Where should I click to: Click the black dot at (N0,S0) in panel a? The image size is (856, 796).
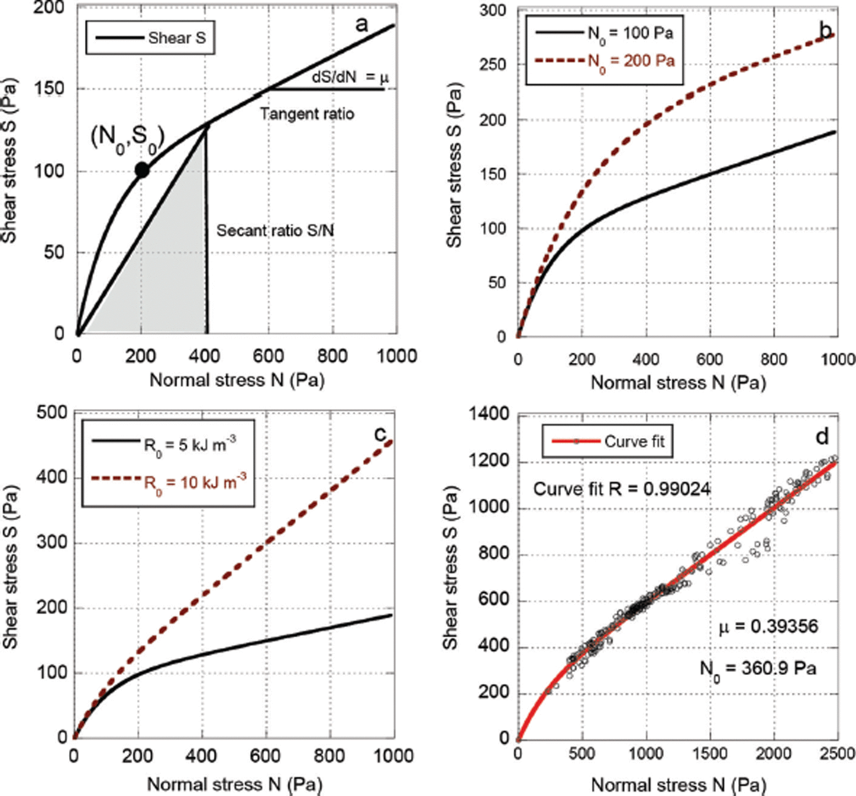point(142,170)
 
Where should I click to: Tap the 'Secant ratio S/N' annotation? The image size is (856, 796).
point(275,230)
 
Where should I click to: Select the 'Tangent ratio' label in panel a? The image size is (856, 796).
point(307,114)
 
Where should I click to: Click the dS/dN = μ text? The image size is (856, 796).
point(350,77)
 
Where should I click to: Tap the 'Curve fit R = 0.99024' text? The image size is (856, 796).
point(622,489)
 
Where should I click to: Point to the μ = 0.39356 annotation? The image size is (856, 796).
point(768,626)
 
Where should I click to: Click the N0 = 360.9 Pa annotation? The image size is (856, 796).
point(758,668)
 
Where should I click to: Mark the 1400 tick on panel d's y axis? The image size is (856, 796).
point(489,415)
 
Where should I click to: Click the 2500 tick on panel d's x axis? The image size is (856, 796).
point(836,753)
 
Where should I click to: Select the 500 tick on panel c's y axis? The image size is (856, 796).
point(52,412)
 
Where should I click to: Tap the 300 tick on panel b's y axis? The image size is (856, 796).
point(493,10)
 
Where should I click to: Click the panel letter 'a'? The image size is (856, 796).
point(362,24)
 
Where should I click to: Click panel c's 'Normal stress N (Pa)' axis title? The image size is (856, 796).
point(234,784)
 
